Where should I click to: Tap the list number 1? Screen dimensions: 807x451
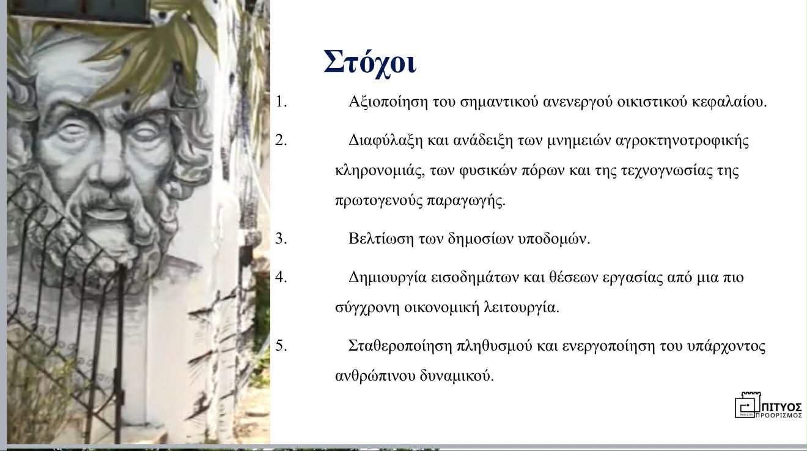point(281,102)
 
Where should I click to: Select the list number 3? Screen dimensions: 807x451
point(281,238)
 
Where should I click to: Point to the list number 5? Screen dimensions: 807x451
point(281,346)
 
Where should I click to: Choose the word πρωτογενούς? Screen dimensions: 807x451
point(378,201)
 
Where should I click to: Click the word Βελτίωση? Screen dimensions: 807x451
point(381,238)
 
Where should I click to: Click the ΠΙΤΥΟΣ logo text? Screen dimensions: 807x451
point(783,408)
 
